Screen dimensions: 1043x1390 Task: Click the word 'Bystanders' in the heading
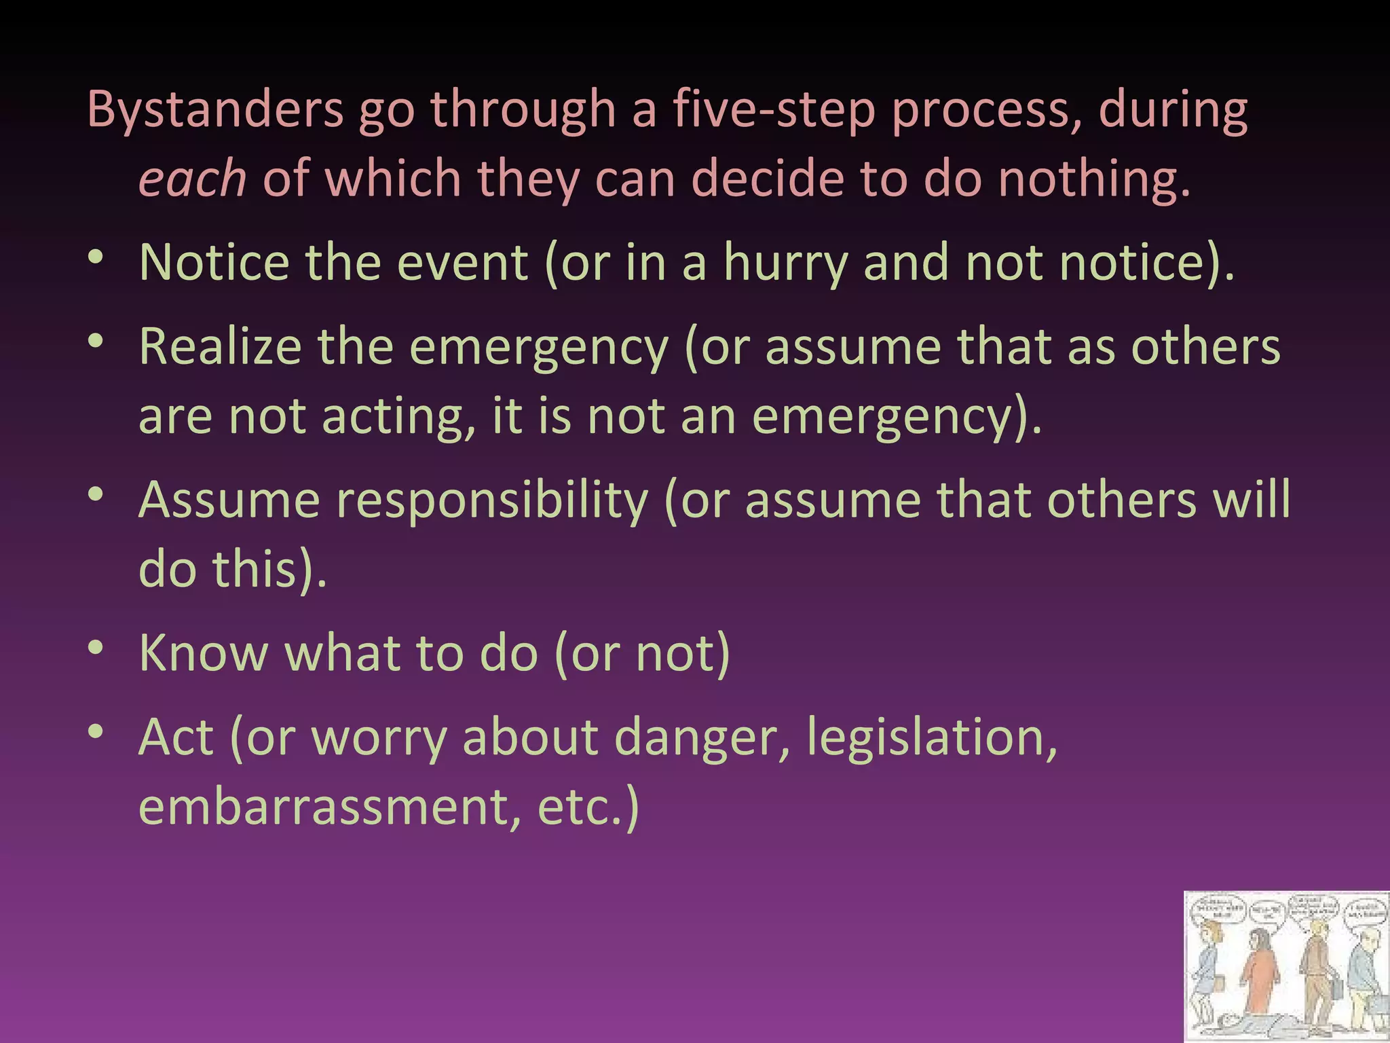click(x=215, y=110)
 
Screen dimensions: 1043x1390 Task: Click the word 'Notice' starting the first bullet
click(x=214, y=263)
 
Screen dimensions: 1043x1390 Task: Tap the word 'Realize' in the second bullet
click(x=220, y=347)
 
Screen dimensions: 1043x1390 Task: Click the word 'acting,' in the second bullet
click(x=398, y=416)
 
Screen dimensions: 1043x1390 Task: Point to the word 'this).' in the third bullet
click(x=269, y=569)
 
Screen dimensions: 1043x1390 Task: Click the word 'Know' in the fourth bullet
click(x=204, y=653)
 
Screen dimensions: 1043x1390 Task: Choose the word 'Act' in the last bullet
click(x=176, y=737)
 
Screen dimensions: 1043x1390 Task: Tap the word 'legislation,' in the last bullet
click(x=932, y=739)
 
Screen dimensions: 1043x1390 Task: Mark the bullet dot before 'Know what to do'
click(x=96, y=648)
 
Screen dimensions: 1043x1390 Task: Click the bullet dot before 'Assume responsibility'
click(x=96, y=495)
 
